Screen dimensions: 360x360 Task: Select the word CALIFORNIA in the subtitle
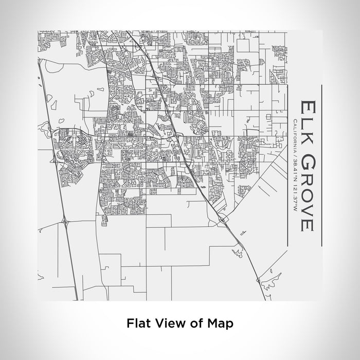click(x=292, y=136)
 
